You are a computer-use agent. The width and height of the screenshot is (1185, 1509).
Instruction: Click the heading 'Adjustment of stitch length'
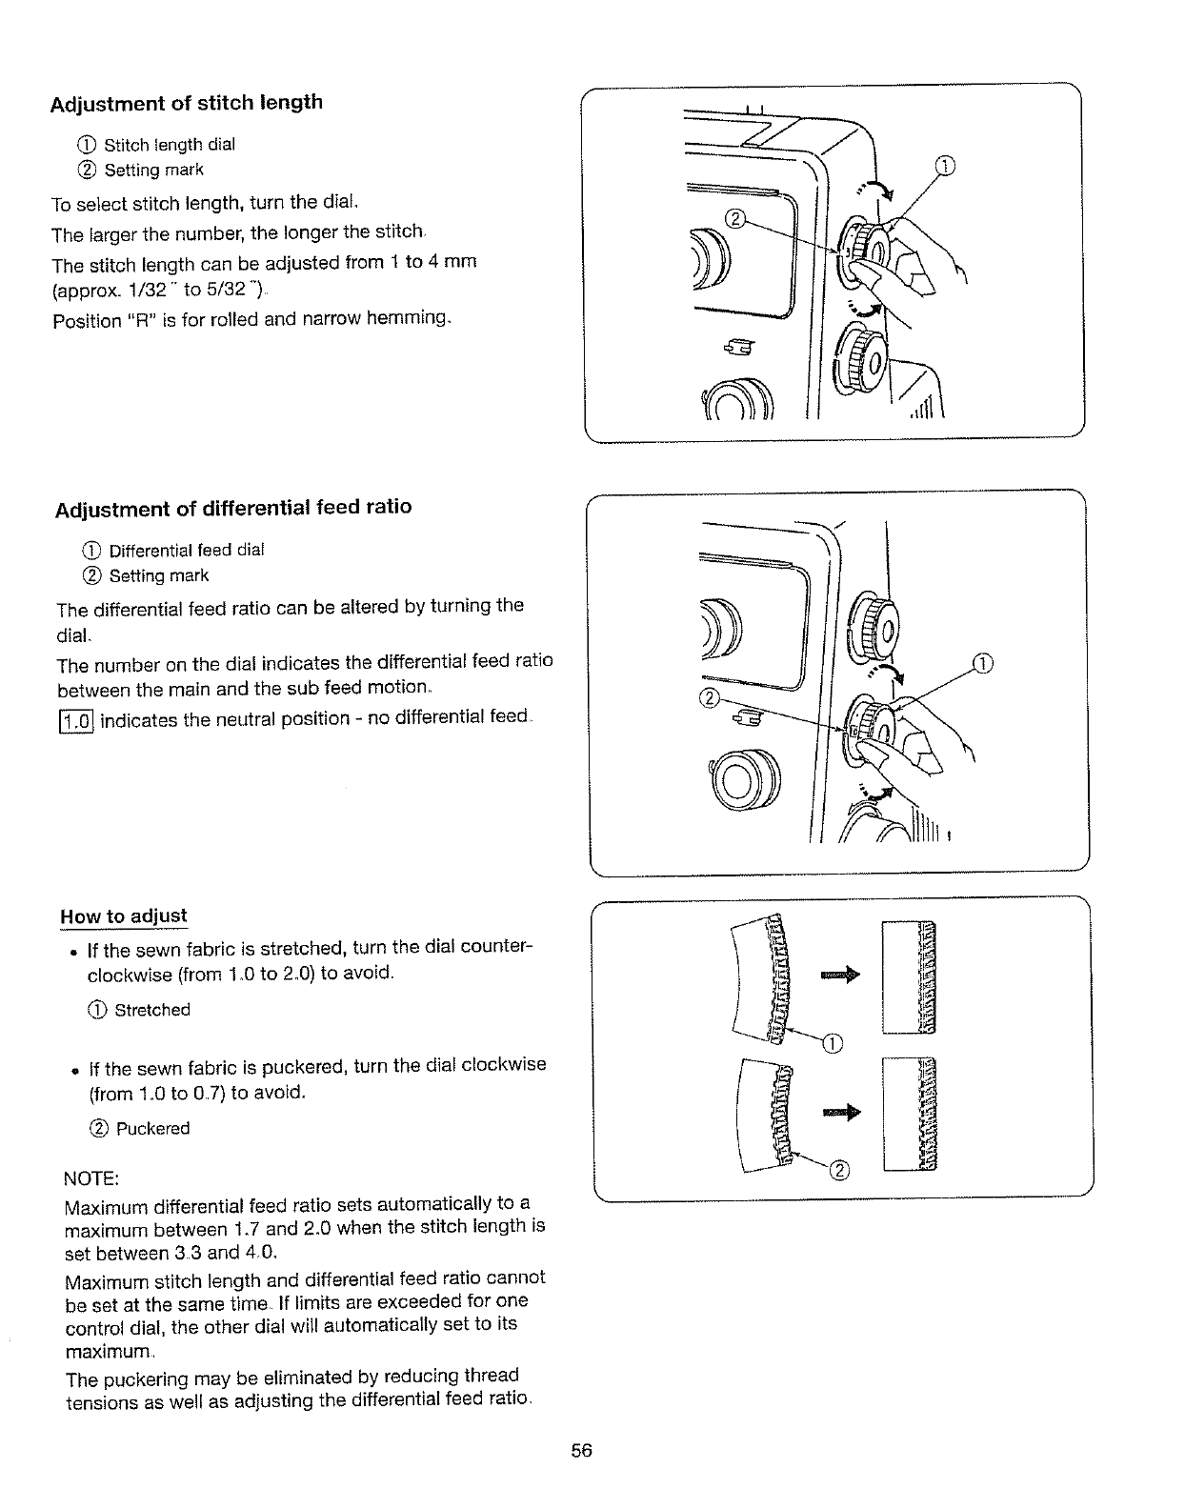[187, 103]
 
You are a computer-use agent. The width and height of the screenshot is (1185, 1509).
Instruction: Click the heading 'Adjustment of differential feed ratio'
[232, 508]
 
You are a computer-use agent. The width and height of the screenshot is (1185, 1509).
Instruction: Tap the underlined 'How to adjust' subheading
[124, 916]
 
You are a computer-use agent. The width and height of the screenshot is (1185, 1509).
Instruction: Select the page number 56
[582, 1451]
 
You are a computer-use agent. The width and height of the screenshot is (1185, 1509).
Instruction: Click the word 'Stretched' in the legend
[152, 1010]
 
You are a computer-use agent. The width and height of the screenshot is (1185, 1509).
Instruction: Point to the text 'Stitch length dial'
[169, 145]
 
